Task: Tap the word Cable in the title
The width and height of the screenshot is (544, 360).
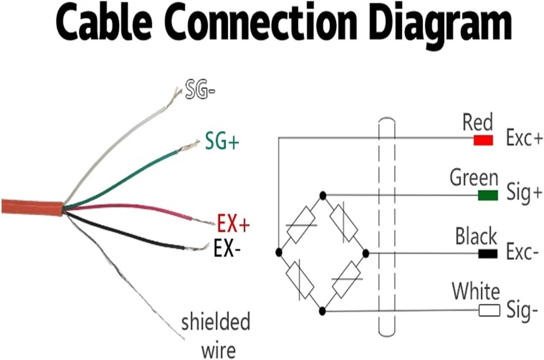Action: click(104, 23)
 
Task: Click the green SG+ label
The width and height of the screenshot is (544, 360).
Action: click(222, 142)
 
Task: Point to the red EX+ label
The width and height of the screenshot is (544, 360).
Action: click(233, 224)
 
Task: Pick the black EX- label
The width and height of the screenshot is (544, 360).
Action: click(227, 249)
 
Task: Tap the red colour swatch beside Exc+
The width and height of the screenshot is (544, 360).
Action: click(483, 140)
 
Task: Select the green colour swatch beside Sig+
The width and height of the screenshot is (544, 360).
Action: click(488, 195)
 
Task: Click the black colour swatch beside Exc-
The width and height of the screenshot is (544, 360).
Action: click(488, 253)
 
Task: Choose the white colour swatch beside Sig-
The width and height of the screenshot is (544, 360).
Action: click(489, 311)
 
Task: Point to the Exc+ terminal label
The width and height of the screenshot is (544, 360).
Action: click(524, 138)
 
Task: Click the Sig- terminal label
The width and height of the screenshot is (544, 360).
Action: click(522, 311)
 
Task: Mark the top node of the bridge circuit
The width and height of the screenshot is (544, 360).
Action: click(323, 195)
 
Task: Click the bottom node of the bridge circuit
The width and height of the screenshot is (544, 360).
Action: click(322, 311)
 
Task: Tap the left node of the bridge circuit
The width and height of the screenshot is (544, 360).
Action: click(279, 252)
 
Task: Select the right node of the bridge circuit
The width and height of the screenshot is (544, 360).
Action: click(365, 253)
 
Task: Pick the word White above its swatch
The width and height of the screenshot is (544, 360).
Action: click(476, 292)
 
